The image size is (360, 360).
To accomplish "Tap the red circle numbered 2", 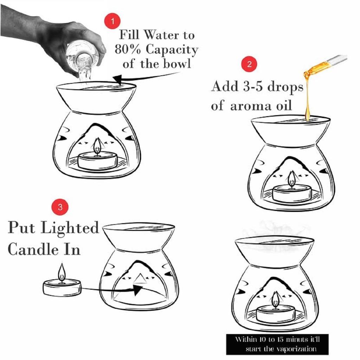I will pyautogui.click(x=250, y=64).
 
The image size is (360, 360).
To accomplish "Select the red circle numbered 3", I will pyautogui.click(x=60, y=207).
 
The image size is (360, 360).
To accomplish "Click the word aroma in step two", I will pyautogui.click(x=250, y=105).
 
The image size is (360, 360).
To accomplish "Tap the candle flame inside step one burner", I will pyautogui.click(x=97, y=146).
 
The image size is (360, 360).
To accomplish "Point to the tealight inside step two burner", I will pyautogui.click(x=292, y=194).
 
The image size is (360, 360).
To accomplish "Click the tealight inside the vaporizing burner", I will pyautogui.click(x=276, y=314).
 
